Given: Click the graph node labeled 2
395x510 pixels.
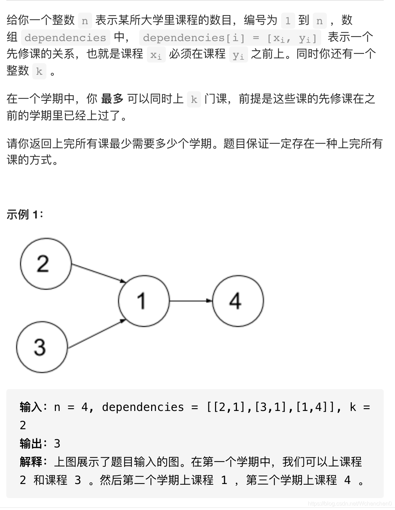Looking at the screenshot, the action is (x=46, y=263).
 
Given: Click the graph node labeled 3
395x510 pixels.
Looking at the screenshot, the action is (x=41, y=347).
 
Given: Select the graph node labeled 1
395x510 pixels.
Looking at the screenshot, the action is (x=143, y=301).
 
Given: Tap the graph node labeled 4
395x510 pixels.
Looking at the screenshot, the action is (x=238, y=301).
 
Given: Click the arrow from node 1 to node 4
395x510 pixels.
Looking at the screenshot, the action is (x=190, y=301).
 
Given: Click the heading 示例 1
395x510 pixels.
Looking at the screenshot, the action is (x=25, y=214).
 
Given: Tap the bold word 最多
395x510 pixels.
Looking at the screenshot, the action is (x=112, y=99).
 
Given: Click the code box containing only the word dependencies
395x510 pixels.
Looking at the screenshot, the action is (x=65, y=38).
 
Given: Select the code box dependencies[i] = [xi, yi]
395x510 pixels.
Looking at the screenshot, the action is (x=230, y=38).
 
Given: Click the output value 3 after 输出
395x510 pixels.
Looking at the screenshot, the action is (x=57, y=444).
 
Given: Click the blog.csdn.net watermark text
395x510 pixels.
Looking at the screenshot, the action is (x=349, y=504).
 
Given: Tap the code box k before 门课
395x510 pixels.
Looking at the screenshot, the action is (x=194, y=100).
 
